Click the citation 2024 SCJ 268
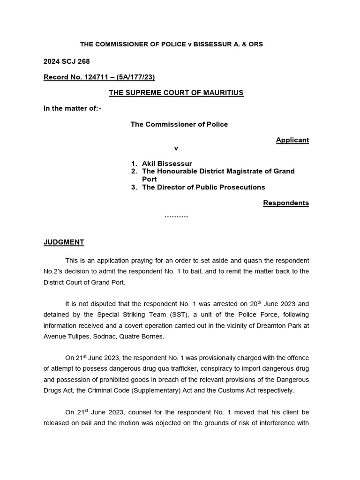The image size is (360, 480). tap(67, 61)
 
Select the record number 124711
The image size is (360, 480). tap(96, 77)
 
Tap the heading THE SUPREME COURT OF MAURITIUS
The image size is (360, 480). tap(176, 93)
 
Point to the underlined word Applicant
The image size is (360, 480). tap(292, 140)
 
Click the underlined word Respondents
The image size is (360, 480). tap(285, 203)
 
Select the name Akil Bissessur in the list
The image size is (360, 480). tap(167, 164)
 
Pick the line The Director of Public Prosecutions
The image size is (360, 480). tap(203, 187)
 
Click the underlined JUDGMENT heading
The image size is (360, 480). tap(64, 242)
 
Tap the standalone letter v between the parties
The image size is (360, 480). tap(176, 148)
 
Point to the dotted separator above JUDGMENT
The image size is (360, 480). tap(176, 217)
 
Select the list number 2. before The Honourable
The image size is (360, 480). tap(134, 172)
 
